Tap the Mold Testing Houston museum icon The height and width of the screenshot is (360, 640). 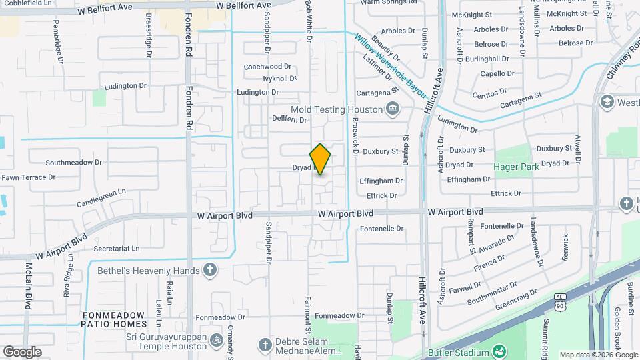click(393, 109)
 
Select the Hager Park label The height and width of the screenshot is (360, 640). click(516, 167)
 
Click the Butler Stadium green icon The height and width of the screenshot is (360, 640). click(499, 351)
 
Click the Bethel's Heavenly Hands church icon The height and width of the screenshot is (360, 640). click(210, 270)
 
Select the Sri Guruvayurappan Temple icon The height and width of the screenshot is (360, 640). click(216, 341)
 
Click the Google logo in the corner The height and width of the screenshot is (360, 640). click(22, 352)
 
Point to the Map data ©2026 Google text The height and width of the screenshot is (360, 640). click(598, 355)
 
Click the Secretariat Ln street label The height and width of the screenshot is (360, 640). click(117, 248)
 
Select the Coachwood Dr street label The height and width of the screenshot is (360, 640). click(268, 67)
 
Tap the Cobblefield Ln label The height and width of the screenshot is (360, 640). click(19, 3)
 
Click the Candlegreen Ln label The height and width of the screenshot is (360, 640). click(101, 197)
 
